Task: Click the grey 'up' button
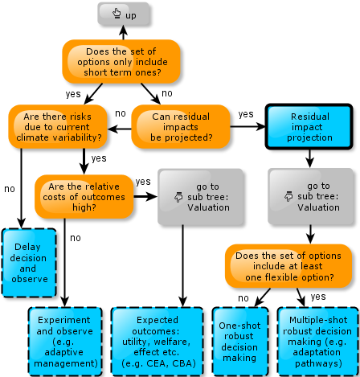(x=123, y=14)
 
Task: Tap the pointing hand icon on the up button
(x=117, y=13)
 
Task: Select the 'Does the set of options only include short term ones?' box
(x=121, y=62)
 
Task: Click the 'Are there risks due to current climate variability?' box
(x=58, y=127)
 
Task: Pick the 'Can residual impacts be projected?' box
(x=181, y=127)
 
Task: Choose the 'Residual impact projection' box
(x=309, y=127)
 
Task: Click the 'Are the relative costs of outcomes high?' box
(x=84, y=197)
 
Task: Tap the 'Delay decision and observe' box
(x=29, y=263)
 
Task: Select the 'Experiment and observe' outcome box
(x=65, y=342)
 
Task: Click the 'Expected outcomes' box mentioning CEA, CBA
(x=157, y=342)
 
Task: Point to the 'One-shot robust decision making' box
(x=240, y=342)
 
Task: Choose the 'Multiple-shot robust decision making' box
(x=318, y=342)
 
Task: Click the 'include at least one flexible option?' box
(x=288, y=266)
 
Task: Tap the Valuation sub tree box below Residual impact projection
(x=311, y=196)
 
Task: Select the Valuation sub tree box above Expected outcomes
(x=201, y=197)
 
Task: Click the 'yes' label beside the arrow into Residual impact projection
(x=246, y=114)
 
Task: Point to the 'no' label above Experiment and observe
(x=76, y=238)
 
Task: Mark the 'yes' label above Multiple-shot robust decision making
(x=318, y=297)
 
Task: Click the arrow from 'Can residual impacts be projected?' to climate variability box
(x=120, y=129)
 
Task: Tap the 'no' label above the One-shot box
(x=243, y=298)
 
